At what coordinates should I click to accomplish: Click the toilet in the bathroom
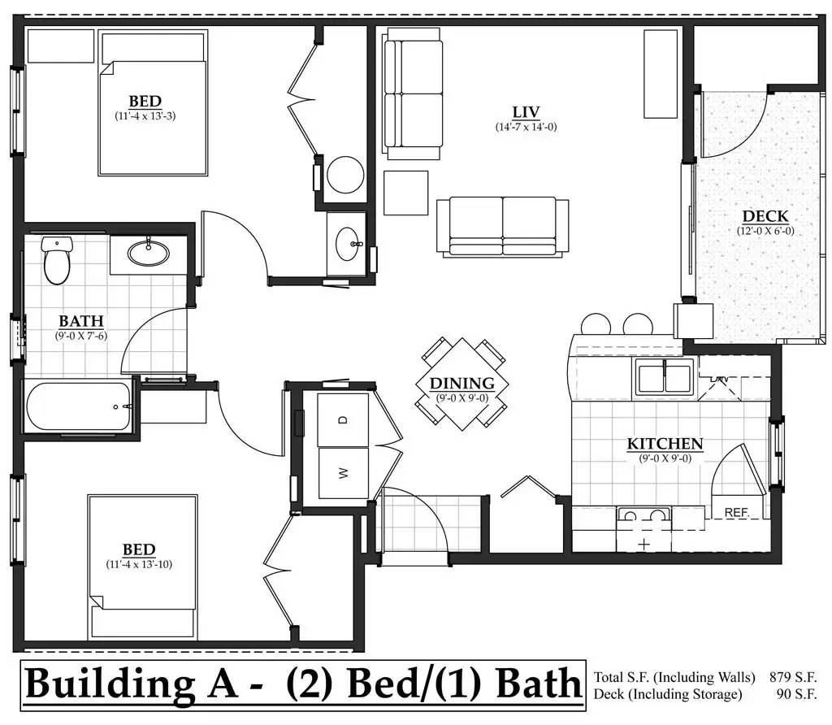pyautogui.click(x=57, y=260)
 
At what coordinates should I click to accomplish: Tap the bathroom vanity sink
pyautogui.click(x=148, y=252)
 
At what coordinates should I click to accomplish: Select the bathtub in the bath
pyautogui.click(x=78, y=406)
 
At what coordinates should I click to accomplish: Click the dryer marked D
pyautogui.click(x=343, y=419)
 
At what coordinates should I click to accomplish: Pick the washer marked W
pyautogui.click(x=343, y=472)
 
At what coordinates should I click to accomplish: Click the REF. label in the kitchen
pyautogui.click(x=736, y=513)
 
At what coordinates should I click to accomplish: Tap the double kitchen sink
pyautogui.click(x=665, y=377)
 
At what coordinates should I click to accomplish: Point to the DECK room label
pyautogui.click(x=765, y=216)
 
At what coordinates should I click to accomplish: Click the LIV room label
pyautogui.click(x=526, y=112)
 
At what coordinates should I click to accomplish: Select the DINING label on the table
pyautogui.click(x=461, y=383)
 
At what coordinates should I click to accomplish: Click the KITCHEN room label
pyautogui.click(x=665, y=444)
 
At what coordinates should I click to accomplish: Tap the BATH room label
pyautogui.click(x=81, y=321)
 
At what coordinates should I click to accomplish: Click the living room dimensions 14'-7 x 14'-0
pyautogui.click(x=526, y=127)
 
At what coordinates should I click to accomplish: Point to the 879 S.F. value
pyautogui.click(x=793, y=677)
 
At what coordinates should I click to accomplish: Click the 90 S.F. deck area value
pyautogui.click(x=796, y=693)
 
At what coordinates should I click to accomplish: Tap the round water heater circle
pyautogui.click(x=345, y=175)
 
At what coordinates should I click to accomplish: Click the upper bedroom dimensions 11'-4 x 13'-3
pyautogui.click(x=145, y=115)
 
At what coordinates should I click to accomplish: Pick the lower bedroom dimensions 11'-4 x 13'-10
pyautogui.click(x=139, y=564)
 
